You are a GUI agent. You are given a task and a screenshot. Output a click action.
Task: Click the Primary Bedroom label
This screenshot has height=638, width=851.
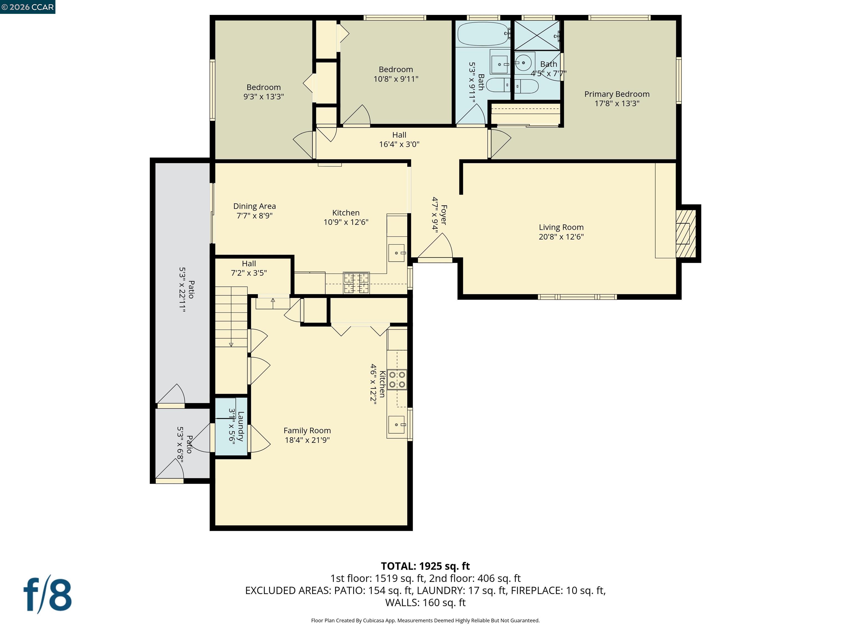616,94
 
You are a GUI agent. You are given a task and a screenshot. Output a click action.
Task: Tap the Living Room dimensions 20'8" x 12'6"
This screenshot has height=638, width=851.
561,237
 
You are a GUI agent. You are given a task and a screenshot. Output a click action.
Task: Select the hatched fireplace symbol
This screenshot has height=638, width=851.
686,233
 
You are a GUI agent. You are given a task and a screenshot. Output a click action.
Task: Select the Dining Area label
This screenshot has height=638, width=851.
254,207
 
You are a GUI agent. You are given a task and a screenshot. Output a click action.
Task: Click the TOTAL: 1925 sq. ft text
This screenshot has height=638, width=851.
425,566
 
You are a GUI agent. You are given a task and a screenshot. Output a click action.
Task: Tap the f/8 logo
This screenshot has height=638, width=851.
48,595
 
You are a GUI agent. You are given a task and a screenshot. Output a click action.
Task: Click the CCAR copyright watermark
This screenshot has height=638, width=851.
28,7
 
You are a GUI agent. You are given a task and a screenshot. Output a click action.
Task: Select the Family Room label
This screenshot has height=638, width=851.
307,431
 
